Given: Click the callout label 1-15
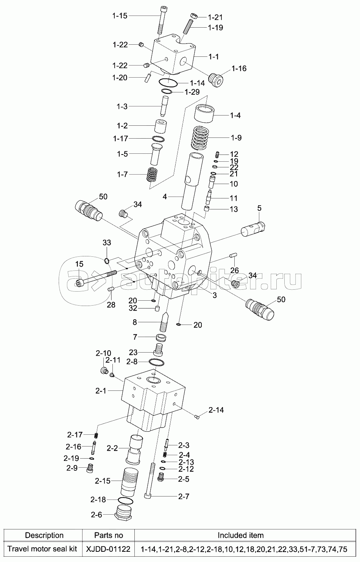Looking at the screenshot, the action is (120, 16).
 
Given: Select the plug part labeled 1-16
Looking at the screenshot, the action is (216, 80).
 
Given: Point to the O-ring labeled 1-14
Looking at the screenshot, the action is (168, 81).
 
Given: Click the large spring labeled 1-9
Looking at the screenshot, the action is (200, 138).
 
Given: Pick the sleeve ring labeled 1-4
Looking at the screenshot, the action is (205, 114).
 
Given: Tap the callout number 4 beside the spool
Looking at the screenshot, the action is (165, 197).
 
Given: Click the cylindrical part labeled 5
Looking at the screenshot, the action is (253, 228).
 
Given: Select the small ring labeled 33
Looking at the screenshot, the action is (107, 261).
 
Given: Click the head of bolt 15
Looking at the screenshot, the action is (79, 283).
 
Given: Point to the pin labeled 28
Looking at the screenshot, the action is (111, 289).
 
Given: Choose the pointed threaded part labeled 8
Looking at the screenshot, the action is (164, 322).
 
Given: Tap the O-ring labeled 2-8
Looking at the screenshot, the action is (156, 362).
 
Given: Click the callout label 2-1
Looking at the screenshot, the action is (101, 391).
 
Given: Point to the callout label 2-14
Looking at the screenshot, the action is (216, 410).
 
